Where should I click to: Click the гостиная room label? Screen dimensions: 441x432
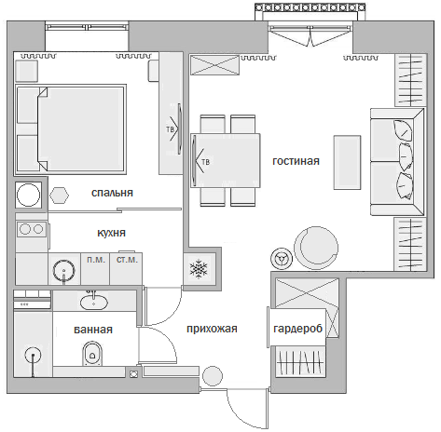[x=296, y=161]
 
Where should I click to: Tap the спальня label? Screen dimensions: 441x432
[x=112, y=193]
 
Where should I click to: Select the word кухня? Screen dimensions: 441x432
[x=111, y=233]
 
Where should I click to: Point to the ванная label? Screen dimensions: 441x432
[x=93, y=330]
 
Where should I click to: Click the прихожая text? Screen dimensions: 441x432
[x=212, y=329]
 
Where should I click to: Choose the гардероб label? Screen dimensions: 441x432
[x=298, y=329]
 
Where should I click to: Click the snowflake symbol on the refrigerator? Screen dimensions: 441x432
[x=199, y=269]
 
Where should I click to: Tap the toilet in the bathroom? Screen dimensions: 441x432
[x=92, y=354]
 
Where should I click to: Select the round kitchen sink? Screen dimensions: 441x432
[x=63, y=271]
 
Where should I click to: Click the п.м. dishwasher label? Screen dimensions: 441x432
[x=96, y=260]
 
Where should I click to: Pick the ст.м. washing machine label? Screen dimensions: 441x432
[x=127, y=260]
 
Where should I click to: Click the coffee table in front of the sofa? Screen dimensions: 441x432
[x=347, y=162]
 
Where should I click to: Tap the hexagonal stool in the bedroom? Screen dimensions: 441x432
[x=59, y=196]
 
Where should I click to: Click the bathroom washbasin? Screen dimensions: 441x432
[x=94, y=302]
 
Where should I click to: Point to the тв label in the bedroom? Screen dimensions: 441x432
[x=170, y=129]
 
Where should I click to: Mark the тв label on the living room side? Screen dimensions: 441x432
[x=206, y=162]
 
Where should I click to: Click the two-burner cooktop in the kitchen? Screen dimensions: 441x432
[x=32, y=229]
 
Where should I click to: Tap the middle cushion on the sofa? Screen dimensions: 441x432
[x=406, y=155]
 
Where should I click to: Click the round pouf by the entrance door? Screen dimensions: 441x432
[x=213, y=376]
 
